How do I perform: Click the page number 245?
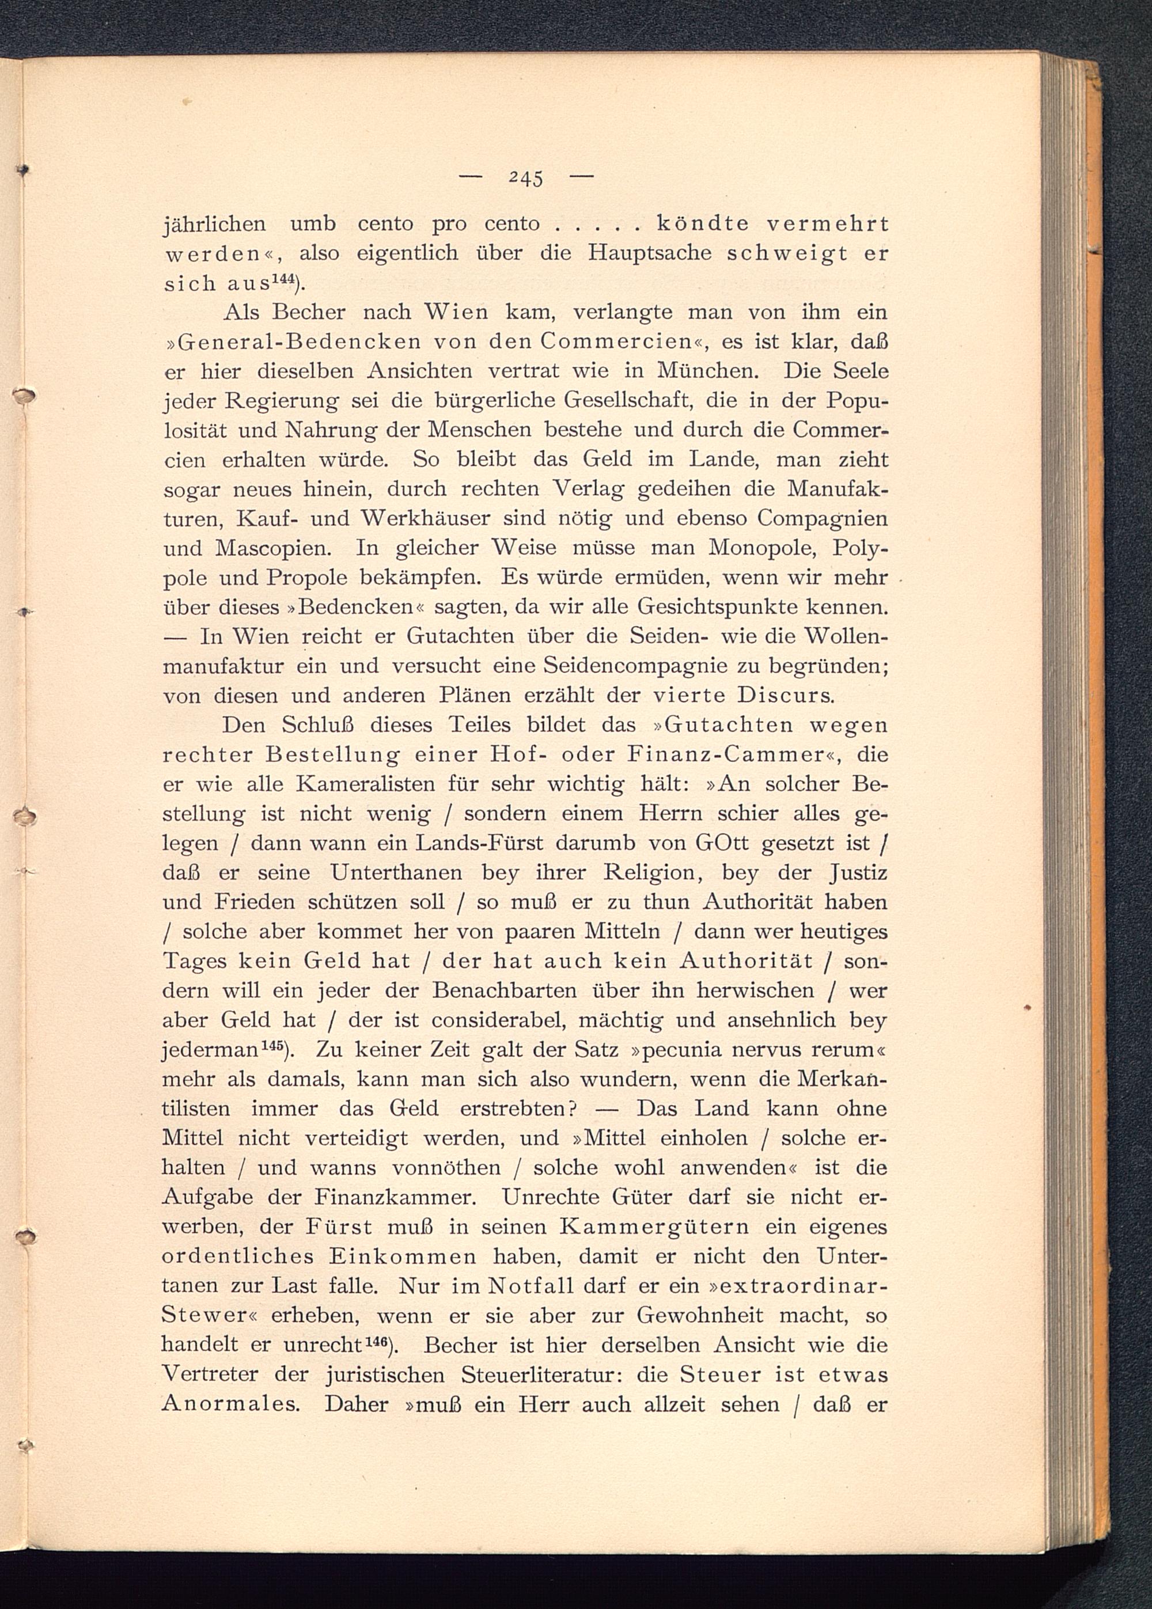pyautogui.click(x=526, y=177)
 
